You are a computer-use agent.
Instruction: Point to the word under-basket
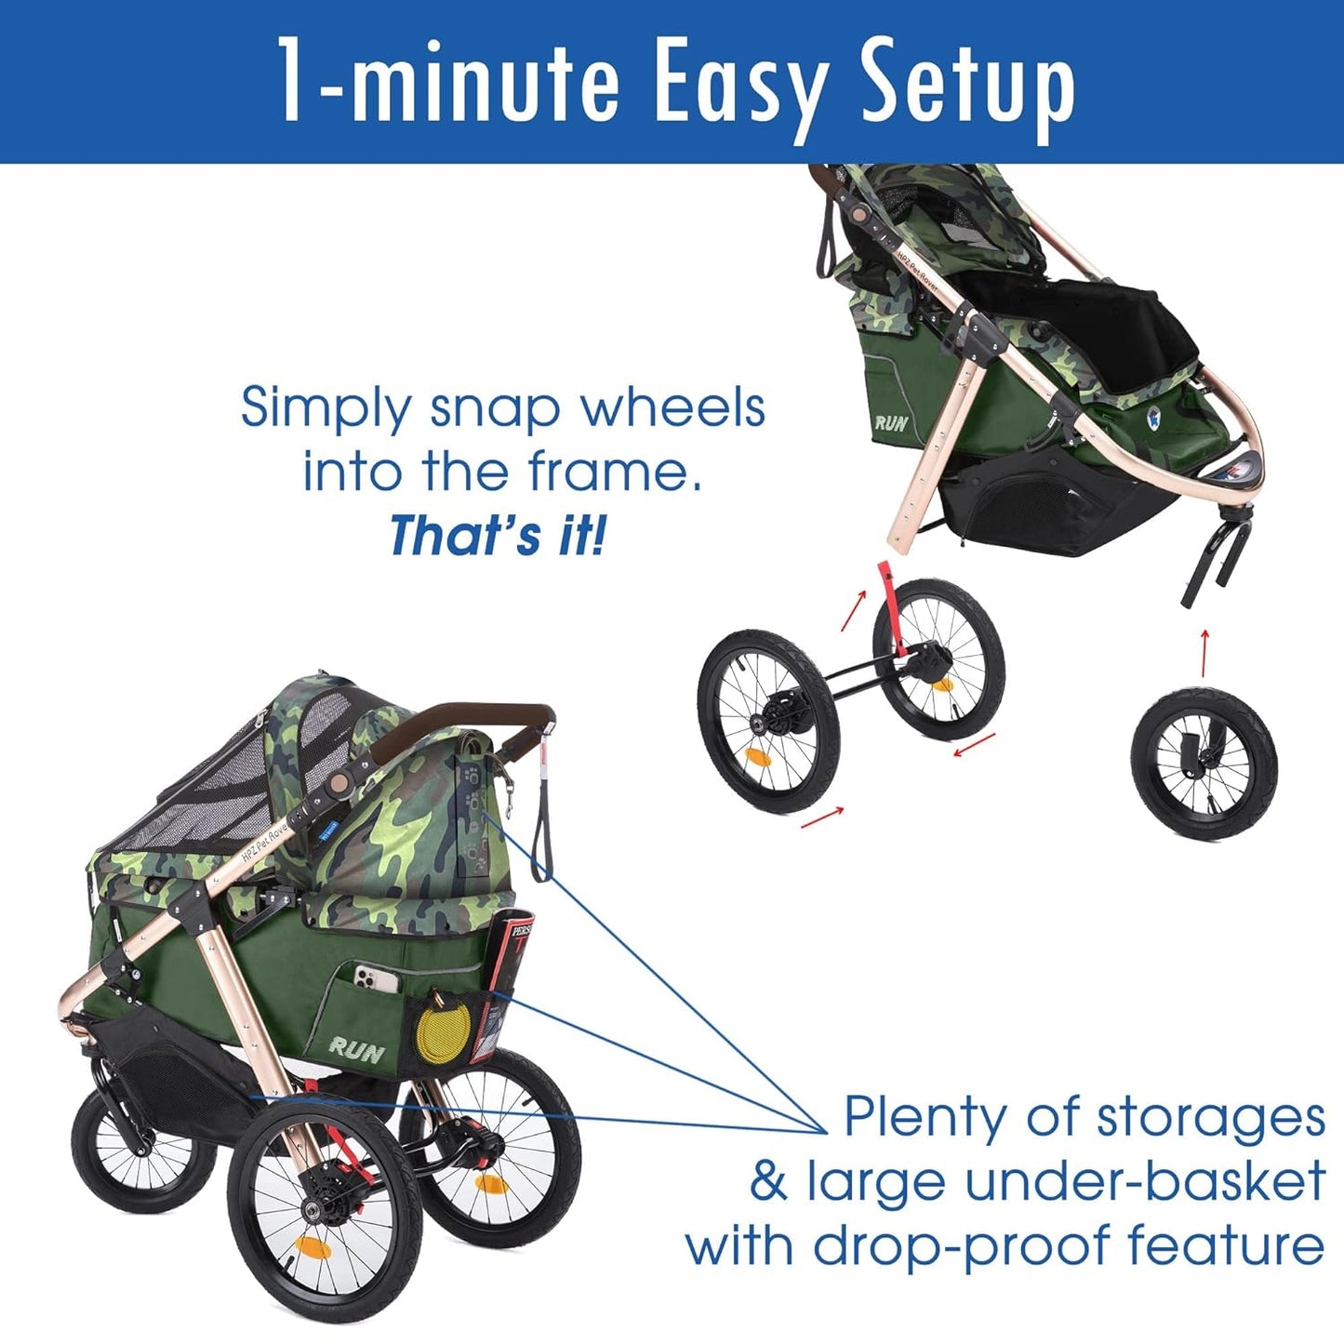click(1145, 1182)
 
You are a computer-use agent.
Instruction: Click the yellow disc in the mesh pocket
click(437, 1034)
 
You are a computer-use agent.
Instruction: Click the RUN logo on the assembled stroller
click(356, 1051)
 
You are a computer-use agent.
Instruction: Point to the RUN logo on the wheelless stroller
click(891, 423)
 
